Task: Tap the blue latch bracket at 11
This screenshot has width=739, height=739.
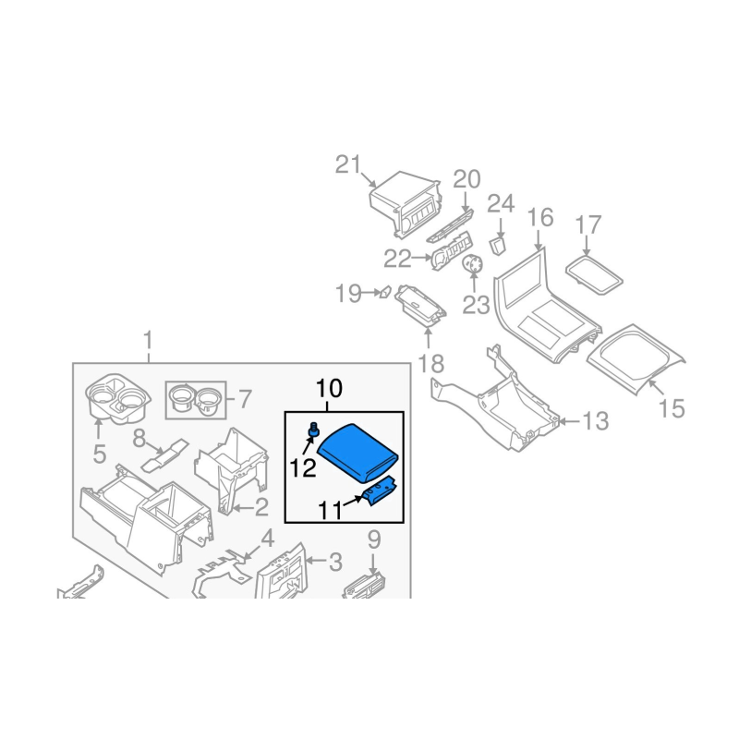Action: point(382,491)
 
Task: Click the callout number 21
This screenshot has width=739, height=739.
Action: point(347,165)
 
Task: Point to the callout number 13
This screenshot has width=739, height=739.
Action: point(597,422)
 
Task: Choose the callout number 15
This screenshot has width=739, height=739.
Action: point(672,407)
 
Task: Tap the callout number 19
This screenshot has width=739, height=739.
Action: point(347,294)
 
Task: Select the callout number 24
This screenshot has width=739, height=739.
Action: point(500,203)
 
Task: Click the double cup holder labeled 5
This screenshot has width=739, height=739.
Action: point(118,398)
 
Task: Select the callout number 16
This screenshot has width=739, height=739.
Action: point(540,218)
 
